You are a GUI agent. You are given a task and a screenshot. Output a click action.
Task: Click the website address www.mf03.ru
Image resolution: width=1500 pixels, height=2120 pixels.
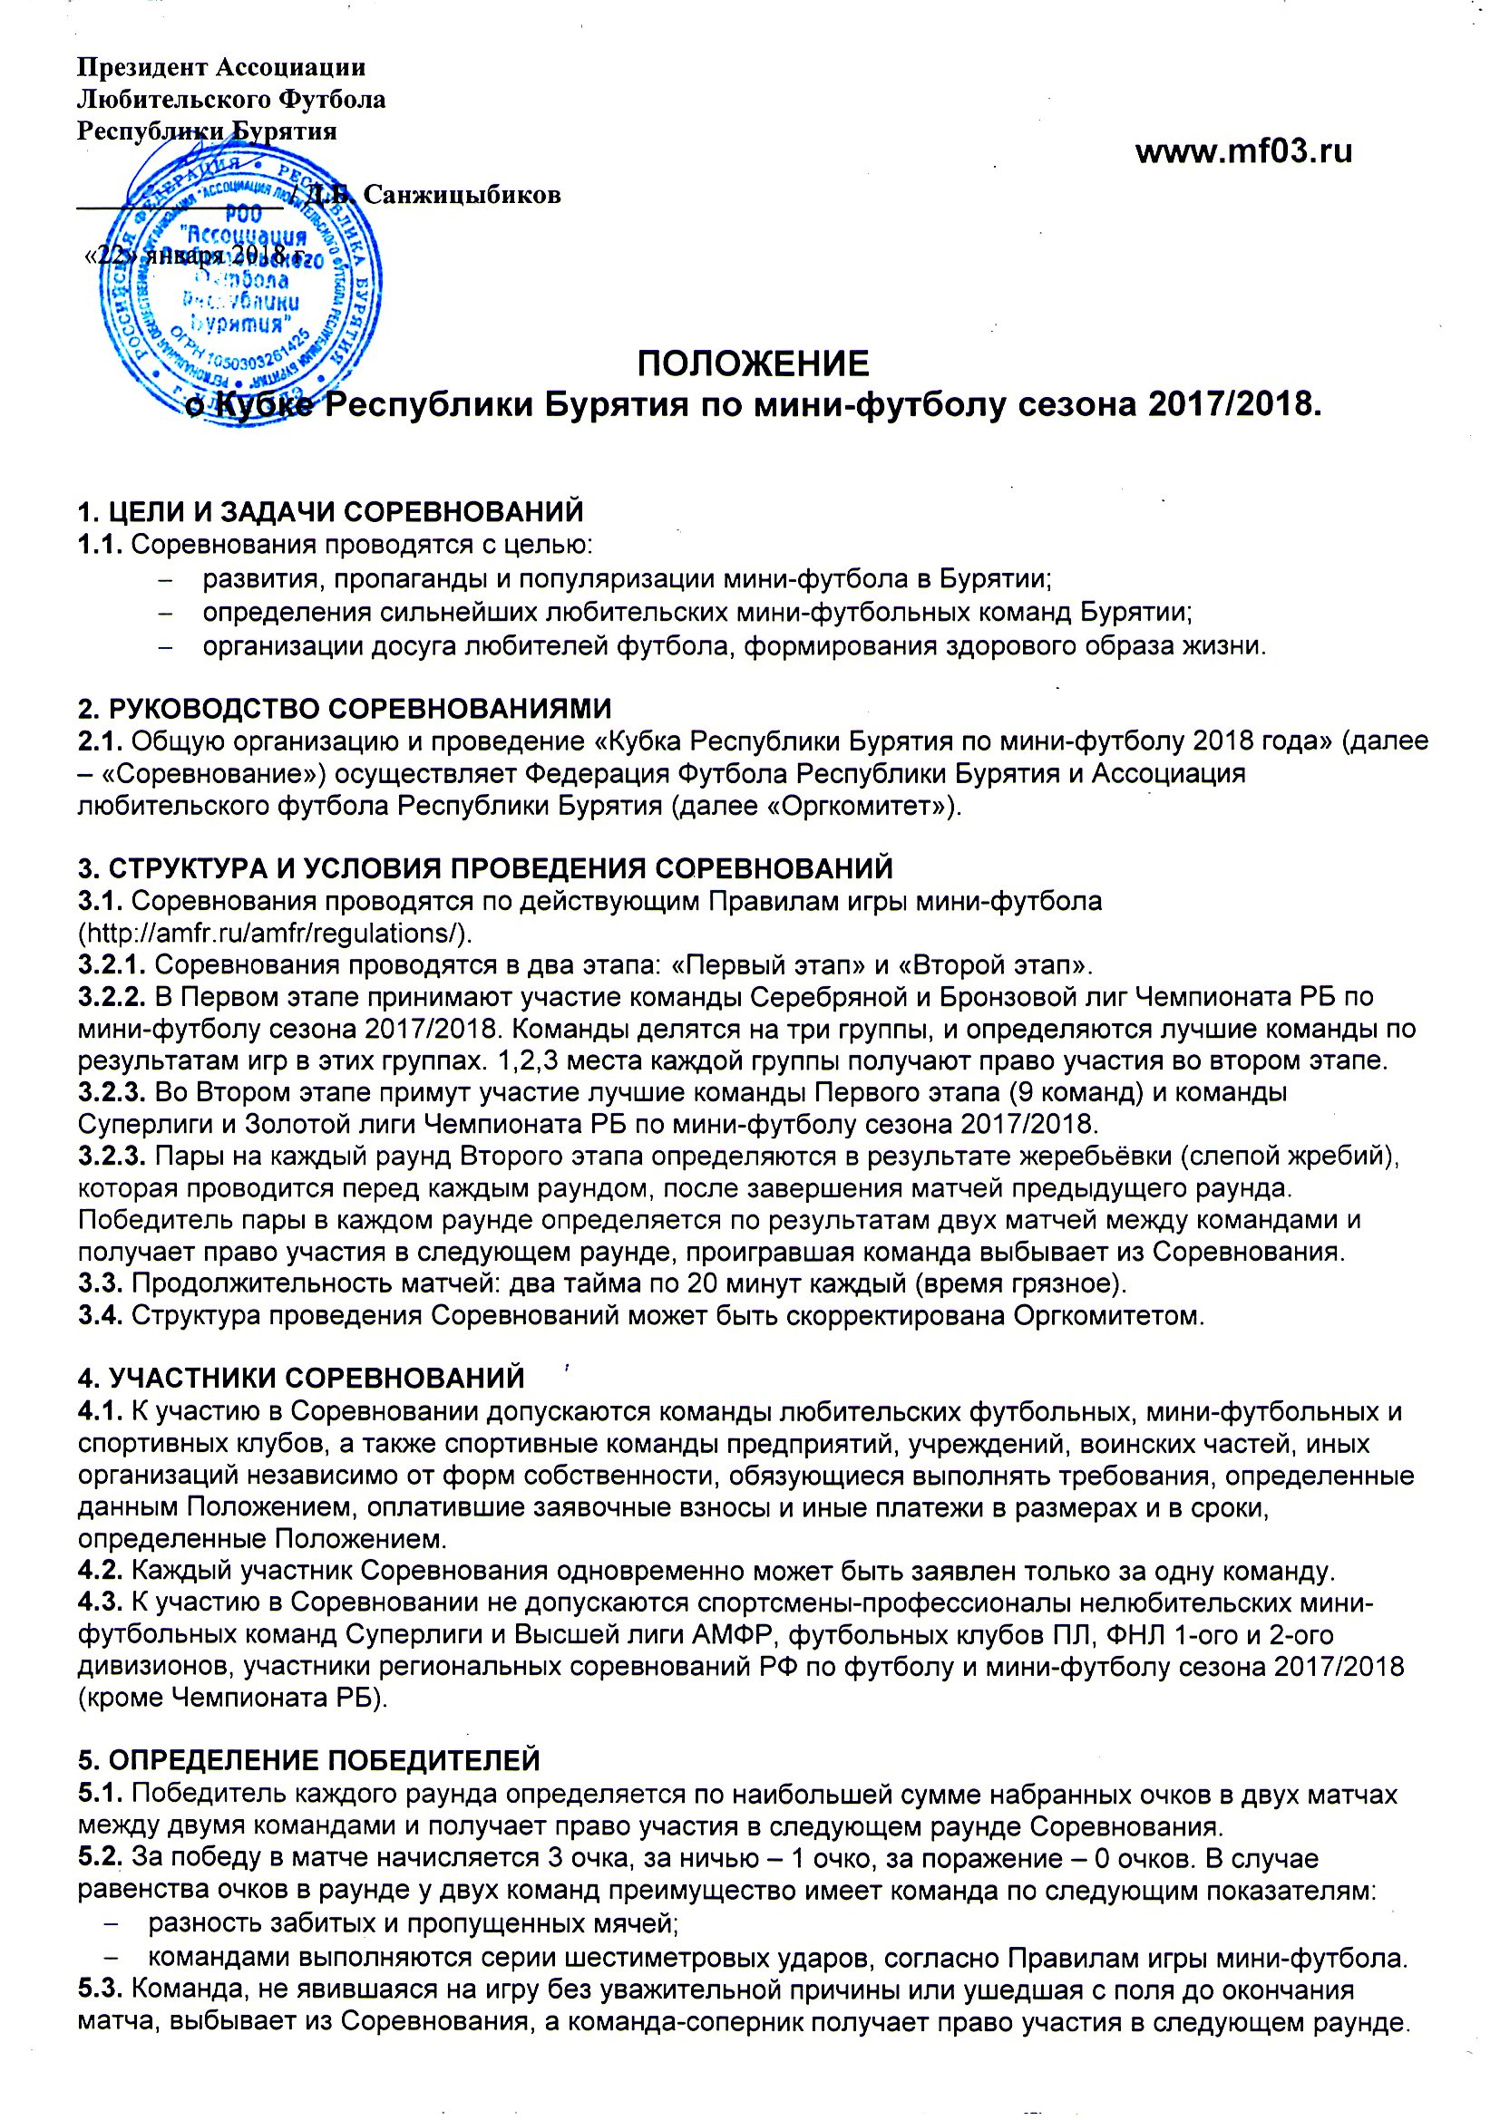[1243, 150]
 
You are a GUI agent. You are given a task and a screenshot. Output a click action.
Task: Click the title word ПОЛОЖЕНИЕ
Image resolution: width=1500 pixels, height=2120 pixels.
[753, 363]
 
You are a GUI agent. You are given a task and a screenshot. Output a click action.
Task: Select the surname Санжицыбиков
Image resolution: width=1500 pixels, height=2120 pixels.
[462, 195]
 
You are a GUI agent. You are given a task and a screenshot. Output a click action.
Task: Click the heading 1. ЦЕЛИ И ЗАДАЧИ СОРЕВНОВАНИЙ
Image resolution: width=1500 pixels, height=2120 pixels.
[331, 510]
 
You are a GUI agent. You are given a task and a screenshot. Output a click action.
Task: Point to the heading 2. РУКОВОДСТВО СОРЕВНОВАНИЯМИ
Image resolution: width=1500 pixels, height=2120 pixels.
[345, 708]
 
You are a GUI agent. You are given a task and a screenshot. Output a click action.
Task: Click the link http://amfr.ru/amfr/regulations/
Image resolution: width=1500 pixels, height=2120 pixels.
[276, 934]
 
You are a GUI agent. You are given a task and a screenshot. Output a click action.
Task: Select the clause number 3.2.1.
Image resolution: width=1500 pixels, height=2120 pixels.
[112, 966]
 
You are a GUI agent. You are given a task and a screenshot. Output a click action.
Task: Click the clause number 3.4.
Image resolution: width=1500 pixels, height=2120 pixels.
[101, 1315]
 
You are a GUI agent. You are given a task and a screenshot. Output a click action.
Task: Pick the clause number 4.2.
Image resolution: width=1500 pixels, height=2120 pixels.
[101, 1571]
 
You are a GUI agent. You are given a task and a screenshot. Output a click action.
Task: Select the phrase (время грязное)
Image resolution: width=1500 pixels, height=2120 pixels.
[1019, 1283]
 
